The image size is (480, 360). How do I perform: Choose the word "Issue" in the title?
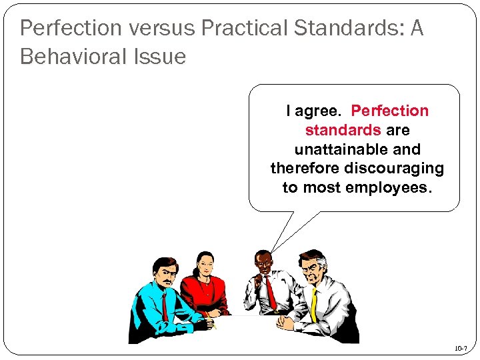159,57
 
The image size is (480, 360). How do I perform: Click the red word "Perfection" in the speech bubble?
390,111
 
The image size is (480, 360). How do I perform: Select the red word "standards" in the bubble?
343,130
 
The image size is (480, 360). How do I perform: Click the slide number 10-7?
461,348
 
